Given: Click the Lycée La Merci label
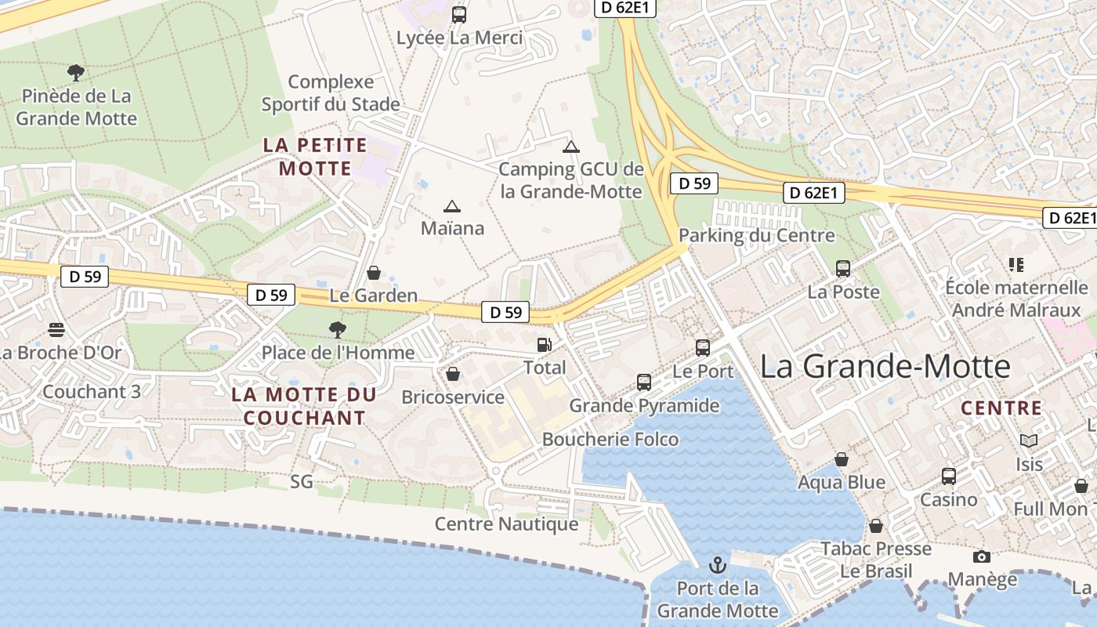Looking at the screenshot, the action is (459, 38).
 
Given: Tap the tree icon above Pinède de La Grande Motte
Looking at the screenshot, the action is (76, 73).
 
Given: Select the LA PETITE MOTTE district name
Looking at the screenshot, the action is (315, 156).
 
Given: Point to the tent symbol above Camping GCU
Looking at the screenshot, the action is (571, 147).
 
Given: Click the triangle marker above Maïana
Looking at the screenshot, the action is (451, 207).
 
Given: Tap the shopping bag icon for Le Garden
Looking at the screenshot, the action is (374, 273).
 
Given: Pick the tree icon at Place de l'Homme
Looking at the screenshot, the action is (338, 329).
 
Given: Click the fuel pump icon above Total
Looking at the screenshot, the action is (544, 344).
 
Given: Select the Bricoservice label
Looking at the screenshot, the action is (453, 397).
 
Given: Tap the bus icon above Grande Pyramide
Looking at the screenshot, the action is (644, 382).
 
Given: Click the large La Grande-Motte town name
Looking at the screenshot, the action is (885, 366).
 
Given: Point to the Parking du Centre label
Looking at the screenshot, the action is (756, 235).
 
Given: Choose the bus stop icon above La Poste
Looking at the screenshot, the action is (843, 269).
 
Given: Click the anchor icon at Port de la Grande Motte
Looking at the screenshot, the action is (717, 565).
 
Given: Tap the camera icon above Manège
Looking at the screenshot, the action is (981, 556).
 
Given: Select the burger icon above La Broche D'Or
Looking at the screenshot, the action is (56, 329).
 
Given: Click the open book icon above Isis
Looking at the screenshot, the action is (1028, 441).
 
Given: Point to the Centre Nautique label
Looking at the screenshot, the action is (506, 524).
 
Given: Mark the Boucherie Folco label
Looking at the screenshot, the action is (610, 439).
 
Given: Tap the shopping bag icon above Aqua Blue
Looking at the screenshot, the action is (842, 459).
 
